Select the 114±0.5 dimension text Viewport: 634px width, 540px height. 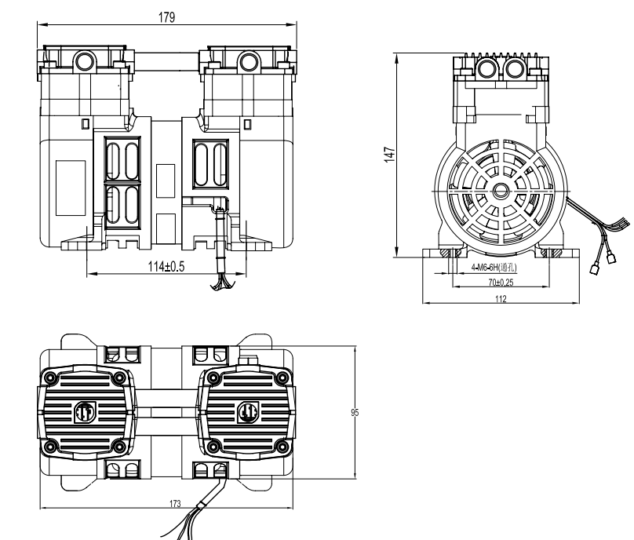(x=166, y=267)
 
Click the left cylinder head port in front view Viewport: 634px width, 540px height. (x=84, y=60)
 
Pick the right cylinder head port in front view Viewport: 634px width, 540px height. (x=248, y=60)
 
